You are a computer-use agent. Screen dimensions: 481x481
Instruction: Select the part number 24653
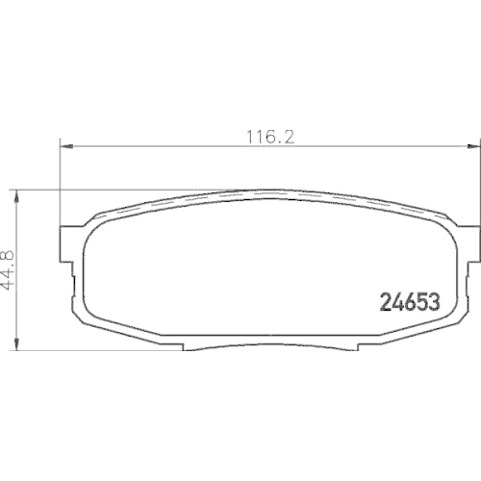(405, 300)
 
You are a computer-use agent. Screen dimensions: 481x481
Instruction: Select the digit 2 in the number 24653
(378, 300)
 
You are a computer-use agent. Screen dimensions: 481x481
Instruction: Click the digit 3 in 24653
(433, 300)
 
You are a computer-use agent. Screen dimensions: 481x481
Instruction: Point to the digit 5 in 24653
(418, 300)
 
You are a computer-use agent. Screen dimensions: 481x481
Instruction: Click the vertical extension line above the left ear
(61, 183)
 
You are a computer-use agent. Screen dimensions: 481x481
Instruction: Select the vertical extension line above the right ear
(475, 183)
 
